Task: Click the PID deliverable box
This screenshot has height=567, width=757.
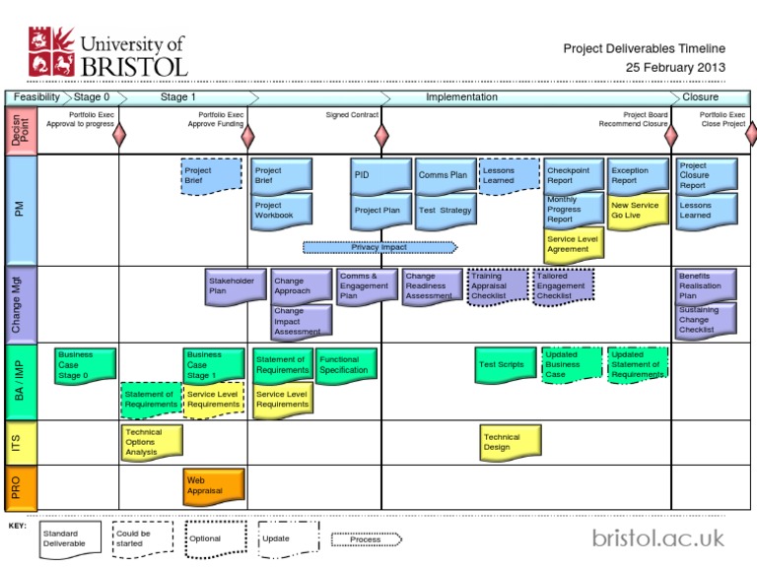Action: coord(379,176)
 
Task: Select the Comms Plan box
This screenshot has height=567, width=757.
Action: coord(445,176)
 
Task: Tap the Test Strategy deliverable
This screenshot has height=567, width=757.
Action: coord(445,211)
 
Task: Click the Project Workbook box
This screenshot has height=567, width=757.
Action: coord(281,212)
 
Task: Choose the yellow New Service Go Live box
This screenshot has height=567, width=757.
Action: coord(638,210)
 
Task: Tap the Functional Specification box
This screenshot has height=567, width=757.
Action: coord(345,365)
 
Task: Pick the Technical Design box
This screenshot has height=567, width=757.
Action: coord(511,443)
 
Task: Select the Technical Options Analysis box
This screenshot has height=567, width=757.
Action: coord(152,442)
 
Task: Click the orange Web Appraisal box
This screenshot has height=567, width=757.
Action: coord(213,484)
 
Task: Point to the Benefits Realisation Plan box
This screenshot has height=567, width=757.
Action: coord(705,286)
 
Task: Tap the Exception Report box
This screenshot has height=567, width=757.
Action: coord(638,176)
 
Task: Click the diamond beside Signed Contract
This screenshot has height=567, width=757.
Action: coord(382,135)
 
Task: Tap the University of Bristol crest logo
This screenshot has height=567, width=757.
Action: coord(50,52)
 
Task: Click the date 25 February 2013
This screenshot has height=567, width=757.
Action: coord(675,67)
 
